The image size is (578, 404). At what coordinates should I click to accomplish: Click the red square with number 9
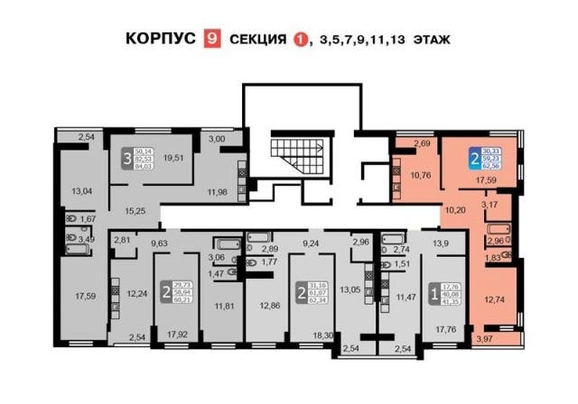tap(213, 40)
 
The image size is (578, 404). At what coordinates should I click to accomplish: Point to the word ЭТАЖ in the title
tap(430, 40)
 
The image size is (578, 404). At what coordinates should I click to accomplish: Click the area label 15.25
tap(135, 209)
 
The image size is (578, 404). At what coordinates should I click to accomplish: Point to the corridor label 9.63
tap(159, 243)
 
